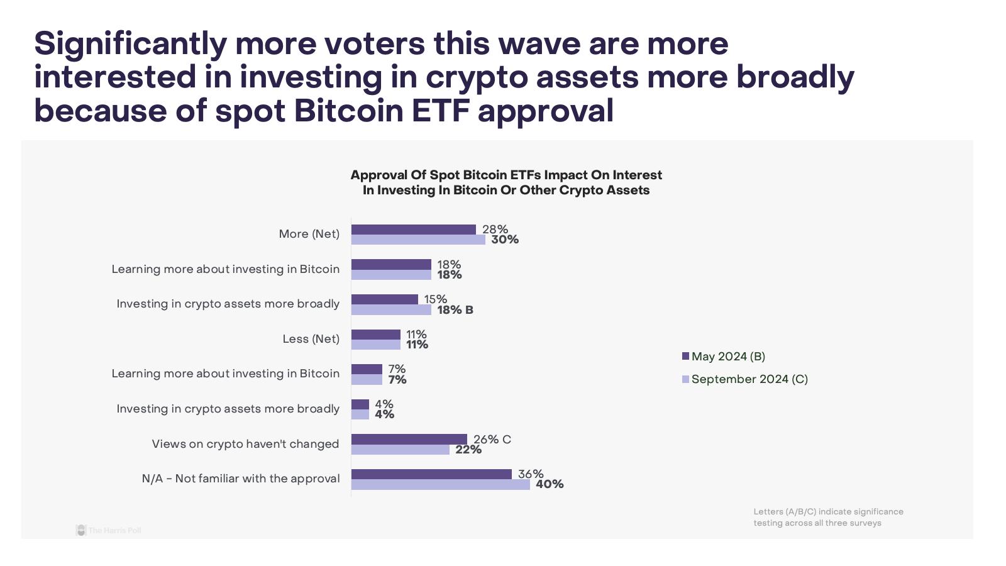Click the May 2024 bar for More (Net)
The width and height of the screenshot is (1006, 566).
tap(413, 230)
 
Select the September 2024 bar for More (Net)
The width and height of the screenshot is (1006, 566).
tap(418, 240)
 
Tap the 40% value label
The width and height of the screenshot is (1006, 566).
tap(550, 484)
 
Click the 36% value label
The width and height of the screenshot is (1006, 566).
tap(531, 474)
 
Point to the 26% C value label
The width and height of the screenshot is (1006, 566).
tap(492, 439)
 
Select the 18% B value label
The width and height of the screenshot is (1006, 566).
tap(455, 310)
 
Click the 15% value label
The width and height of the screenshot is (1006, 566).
tap(435, 299)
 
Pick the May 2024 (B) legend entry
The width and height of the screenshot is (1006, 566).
tap(724, 357)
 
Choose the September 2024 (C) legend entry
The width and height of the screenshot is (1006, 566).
tap(745, 379)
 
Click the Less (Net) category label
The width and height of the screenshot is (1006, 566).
tap(311, 339)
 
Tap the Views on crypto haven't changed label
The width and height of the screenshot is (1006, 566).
tap(245, 444)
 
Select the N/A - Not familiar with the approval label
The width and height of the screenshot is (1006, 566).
tap(241, 479)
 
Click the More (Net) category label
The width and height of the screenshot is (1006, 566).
tap(309, 234)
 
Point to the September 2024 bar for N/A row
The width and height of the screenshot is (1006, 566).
tap(440, 485)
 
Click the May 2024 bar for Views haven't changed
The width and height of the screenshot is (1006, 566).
tap(409, 439)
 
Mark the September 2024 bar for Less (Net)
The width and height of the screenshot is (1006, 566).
tap(375, 345)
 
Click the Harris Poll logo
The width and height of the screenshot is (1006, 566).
tap(108, 530)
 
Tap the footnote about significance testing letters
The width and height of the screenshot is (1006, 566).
tap(828, 517)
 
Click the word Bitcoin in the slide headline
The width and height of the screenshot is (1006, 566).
tap(348, 111)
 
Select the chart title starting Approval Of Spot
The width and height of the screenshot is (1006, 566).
tap(506, 182)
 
